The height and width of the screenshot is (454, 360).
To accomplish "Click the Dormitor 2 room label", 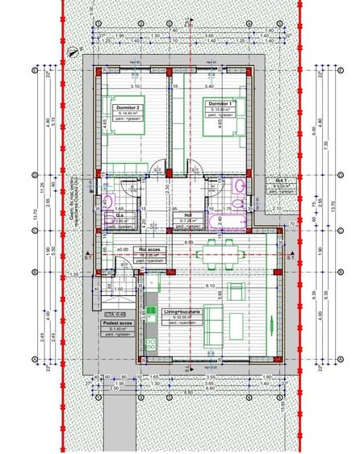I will [128, 107].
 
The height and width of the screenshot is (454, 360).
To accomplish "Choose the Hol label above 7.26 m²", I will [187, 215].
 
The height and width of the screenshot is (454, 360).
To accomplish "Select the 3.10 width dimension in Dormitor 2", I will [136, 85].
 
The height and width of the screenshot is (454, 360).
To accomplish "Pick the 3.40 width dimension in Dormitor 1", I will [210, 85].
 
